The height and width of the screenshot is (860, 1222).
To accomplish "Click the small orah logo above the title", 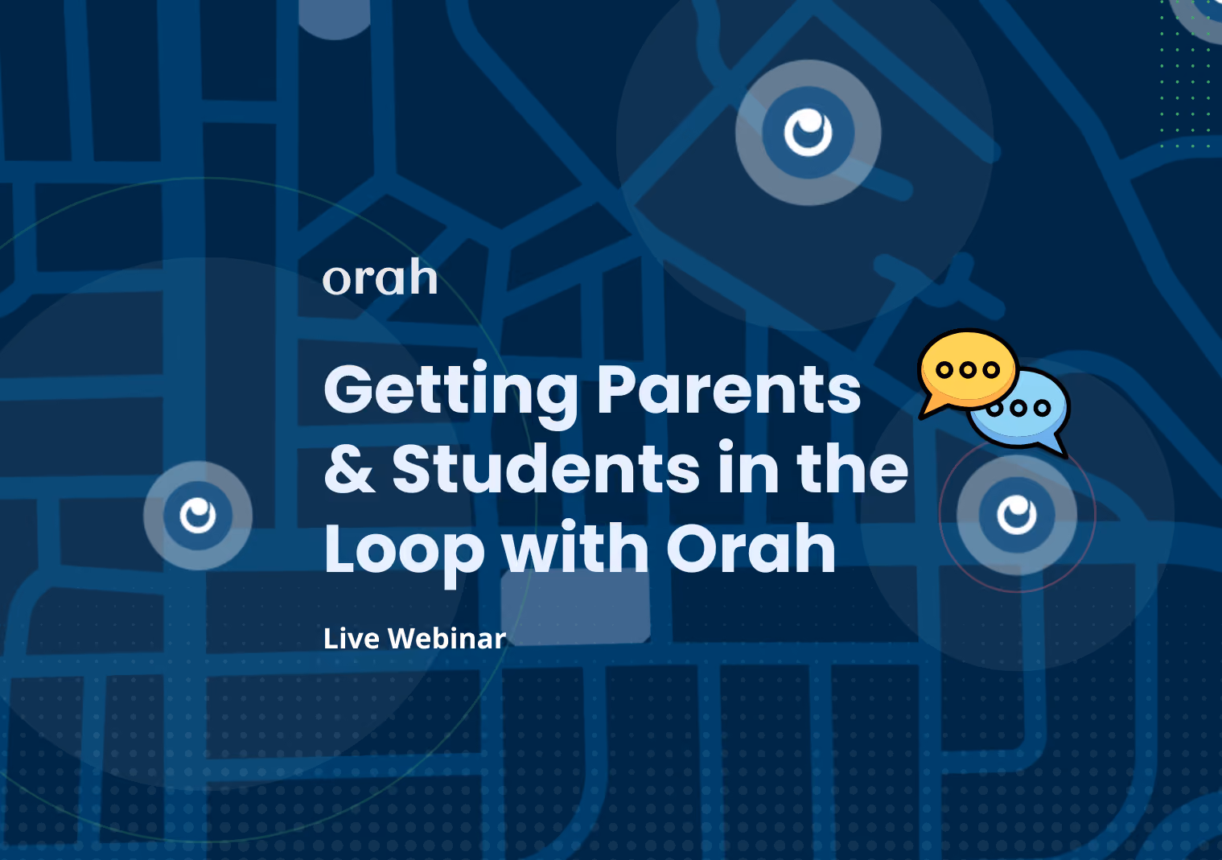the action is click(x=381, y=277).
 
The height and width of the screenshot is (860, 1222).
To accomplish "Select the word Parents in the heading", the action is click(x=730, y=389).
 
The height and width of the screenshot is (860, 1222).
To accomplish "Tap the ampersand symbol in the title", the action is click(x=350, y=467).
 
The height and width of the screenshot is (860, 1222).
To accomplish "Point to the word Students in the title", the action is click(x=545, y=467).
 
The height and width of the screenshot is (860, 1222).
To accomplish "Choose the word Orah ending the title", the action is click(x=751, y=547).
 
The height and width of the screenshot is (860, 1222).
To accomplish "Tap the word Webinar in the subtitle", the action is click(x=446, y=638).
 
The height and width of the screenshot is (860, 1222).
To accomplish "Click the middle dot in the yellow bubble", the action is click(x=968, y=370).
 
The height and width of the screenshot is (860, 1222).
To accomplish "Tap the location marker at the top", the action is click(x=808, y=133).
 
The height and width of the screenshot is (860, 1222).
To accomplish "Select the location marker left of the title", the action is click(x=198, y=516).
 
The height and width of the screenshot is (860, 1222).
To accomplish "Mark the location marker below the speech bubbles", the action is click(x=1017, y=515).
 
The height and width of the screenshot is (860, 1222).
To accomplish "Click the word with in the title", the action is click(x=575, y=547).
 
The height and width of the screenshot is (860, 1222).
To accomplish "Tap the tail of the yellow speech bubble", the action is click(x=933, y=408).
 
